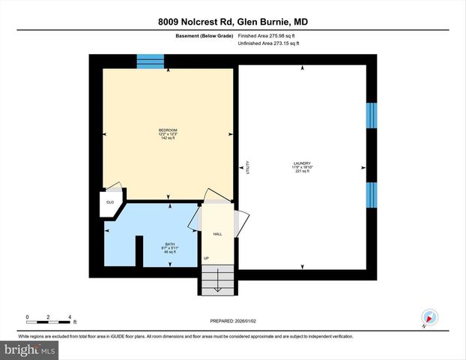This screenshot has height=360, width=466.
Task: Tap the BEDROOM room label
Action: pyautogui.click(x=168, y=130)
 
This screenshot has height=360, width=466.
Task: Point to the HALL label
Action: pyautogui.click(x=217, y=234)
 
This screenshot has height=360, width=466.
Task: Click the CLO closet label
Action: pyautogui.click(x=109, y=202)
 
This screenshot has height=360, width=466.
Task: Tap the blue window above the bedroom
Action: pyautogui.click(x=150, y=61)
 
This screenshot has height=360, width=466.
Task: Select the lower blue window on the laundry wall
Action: pyautogui.click(x=371, y=194)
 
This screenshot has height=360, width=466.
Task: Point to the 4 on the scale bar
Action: pyautogui.click(x=69, y=316)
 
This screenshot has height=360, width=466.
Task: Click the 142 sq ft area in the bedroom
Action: pyautogui.click(x=168, y=138)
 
